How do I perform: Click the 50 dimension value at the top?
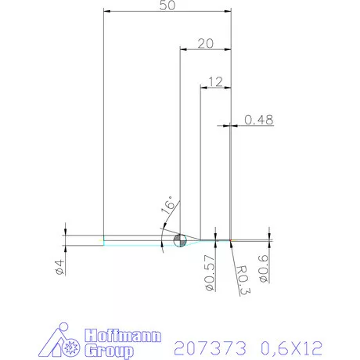[166, 6]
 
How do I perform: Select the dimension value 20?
[206, 44]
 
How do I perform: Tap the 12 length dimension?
[217, 81]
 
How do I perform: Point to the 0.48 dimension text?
[258, 120]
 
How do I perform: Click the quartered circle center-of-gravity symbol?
[179, 239]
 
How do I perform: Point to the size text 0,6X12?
[290, 345]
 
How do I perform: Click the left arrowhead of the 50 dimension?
[107, 12]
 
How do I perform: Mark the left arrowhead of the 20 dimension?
[183, 49]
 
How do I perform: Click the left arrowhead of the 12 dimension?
[203, 86]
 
